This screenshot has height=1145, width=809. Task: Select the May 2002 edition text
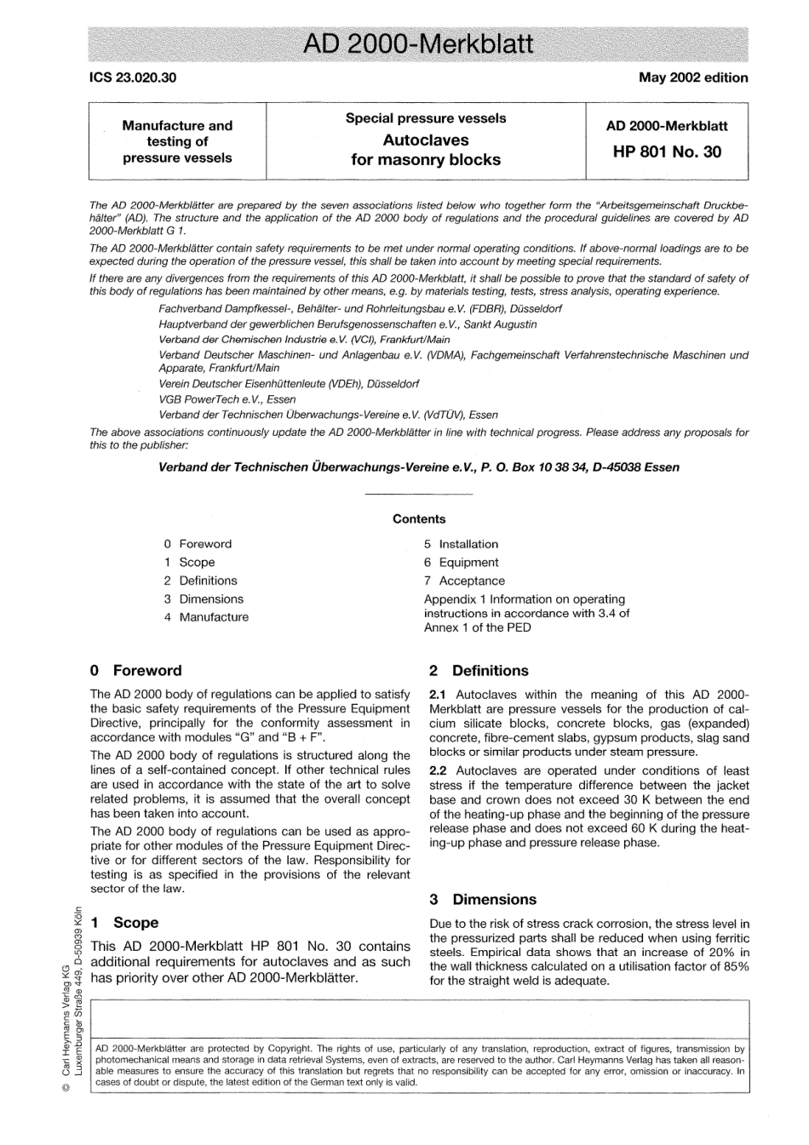(693, 77)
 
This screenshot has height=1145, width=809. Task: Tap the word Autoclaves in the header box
(426, 140)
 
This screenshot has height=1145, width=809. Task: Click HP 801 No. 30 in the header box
(667, 152)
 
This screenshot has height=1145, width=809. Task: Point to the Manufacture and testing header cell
(177, 141)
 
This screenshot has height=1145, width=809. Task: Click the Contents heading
(419, 518)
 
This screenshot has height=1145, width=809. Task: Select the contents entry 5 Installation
(462, 544)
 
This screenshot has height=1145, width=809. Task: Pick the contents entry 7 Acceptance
(464, 581)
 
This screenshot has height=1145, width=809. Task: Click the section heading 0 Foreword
(136, 670)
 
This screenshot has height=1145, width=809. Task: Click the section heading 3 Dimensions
(483, 899)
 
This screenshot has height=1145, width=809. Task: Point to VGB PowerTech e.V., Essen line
(227, 398)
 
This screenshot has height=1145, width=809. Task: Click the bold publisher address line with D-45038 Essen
(419, 467)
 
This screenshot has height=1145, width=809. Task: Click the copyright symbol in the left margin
(66, 1108)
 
